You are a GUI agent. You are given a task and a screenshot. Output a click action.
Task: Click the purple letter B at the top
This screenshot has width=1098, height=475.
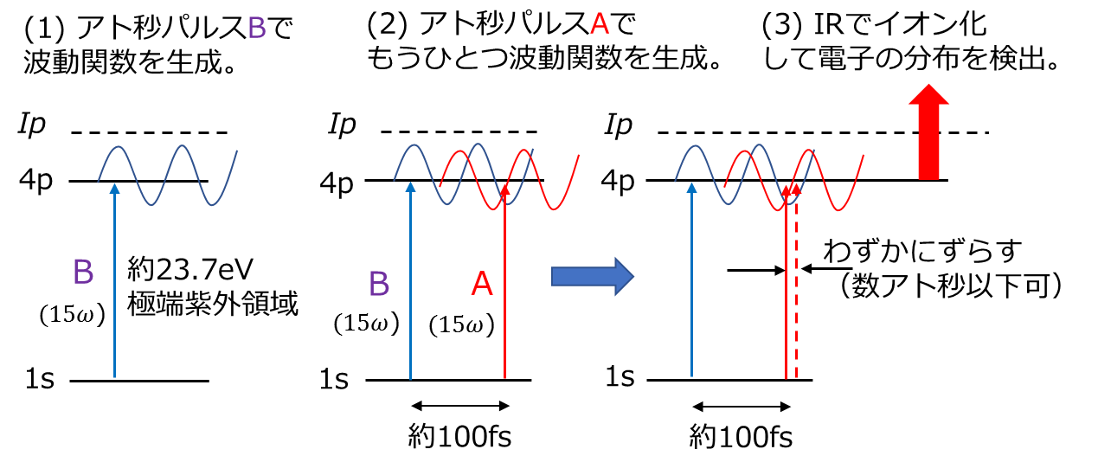click(x=256, y=29)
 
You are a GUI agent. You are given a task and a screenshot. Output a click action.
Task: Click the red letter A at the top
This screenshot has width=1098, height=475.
click(x=599, y=24)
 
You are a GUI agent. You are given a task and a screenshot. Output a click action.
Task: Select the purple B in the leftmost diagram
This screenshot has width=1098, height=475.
click(x=83, y=273)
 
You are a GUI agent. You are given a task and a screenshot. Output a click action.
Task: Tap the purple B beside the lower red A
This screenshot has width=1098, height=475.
click(x=379, y=284)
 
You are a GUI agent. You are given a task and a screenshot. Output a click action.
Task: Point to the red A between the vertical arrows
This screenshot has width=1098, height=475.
click(x=481, y=285)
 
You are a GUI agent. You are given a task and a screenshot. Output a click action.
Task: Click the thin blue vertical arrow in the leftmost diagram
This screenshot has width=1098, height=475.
click(x=114, y=286)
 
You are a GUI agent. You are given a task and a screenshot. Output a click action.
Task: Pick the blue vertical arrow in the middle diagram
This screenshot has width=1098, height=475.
click(x=410, y=286)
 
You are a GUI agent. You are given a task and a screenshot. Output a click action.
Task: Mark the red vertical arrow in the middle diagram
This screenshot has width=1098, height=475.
click(x=504, y=294)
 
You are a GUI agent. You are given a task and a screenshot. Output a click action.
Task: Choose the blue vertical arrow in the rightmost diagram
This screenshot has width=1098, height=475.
click(x=691, y=286)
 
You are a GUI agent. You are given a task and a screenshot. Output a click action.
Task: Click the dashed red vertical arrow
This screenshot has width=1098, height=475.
click(x=796, y=294)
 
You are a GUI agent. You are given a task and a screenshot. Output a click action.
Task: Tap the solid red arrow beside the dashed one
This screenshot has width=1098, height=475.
click(x=786, y=294)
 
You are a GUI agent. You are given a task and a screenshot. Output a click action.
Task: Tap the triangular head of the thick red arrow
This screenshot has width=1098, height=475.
click(x=928, y=94)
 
